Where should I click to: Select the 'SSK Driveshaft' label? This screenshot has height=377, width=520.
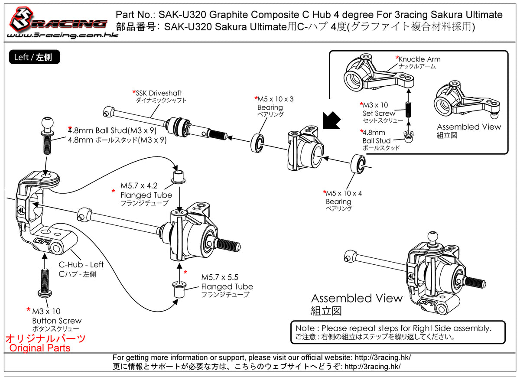159,93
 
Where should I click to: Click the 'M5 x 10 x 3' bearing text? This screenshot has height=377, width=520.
276,99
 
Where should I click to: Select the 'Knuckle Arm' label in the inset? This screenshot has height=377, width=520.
419,59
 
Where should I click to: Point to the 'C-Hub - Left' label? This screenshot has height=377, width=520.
81,265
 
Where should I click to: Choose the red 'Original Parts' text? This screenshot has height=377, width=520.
40,348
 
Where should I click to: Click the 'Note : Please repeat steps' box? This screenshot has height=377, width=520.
398,332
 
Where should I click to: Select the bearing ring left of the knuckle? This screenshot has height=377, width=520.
259,143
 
